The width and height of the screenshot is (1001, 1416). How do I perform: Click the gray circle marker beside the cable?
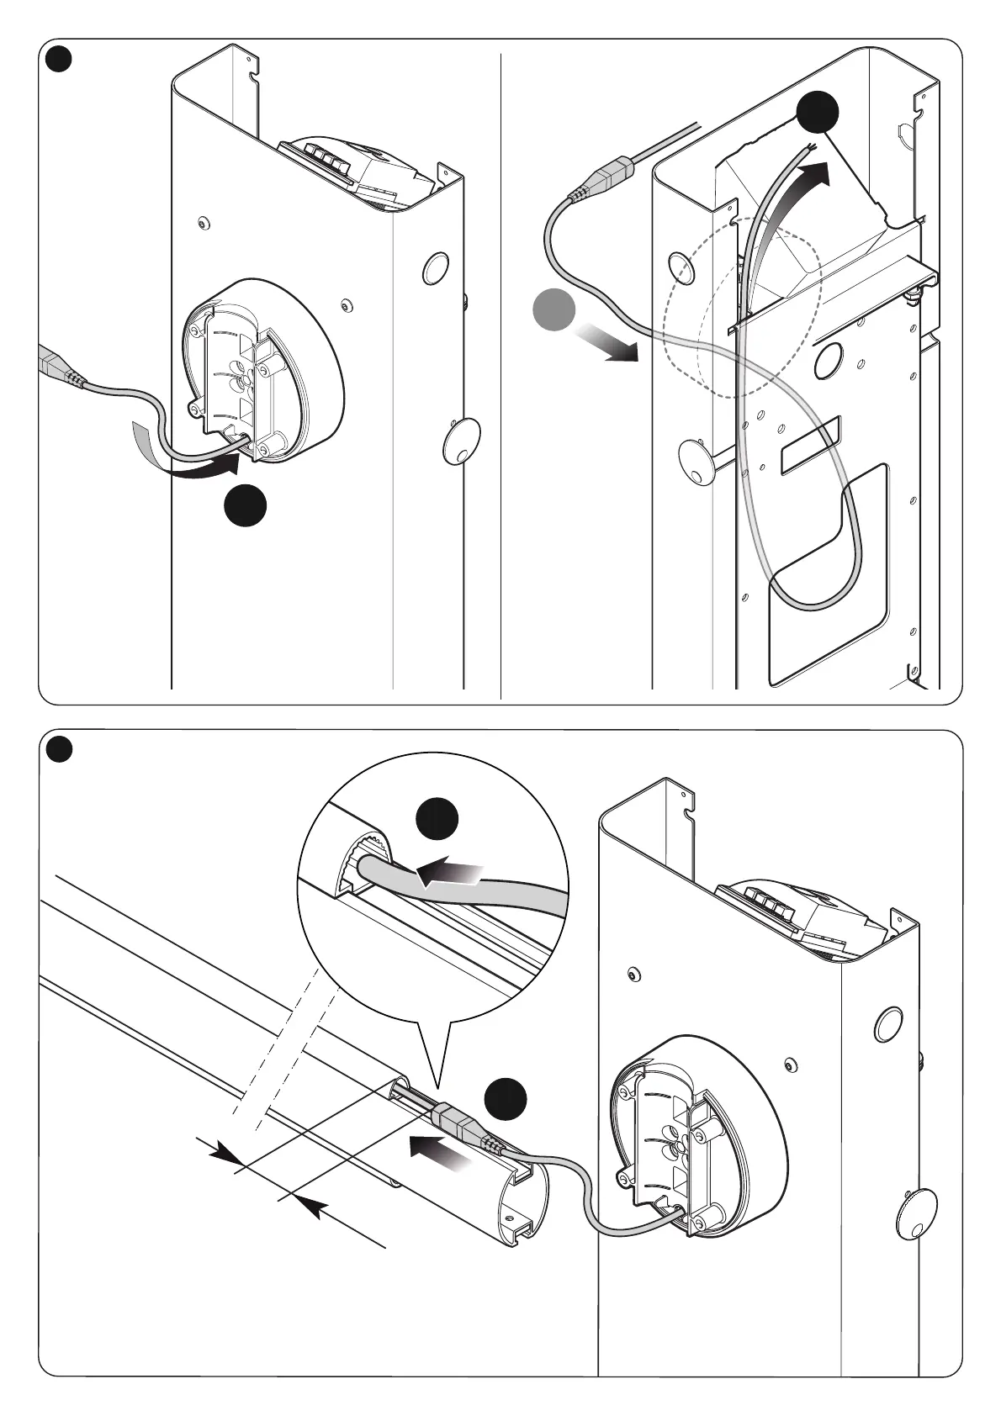[554, 309]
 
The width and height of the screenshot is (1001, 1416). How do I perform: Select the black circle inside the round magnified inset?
[438, 819]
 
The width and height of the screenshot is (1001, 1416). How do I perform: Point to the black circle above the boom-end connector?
[507, 1099]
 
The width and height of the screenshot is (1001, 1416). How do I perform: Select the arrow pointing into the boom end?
[437, 1151]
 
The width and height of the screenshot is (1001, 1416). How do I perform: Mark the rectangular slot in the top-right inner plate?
[809, 446]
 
